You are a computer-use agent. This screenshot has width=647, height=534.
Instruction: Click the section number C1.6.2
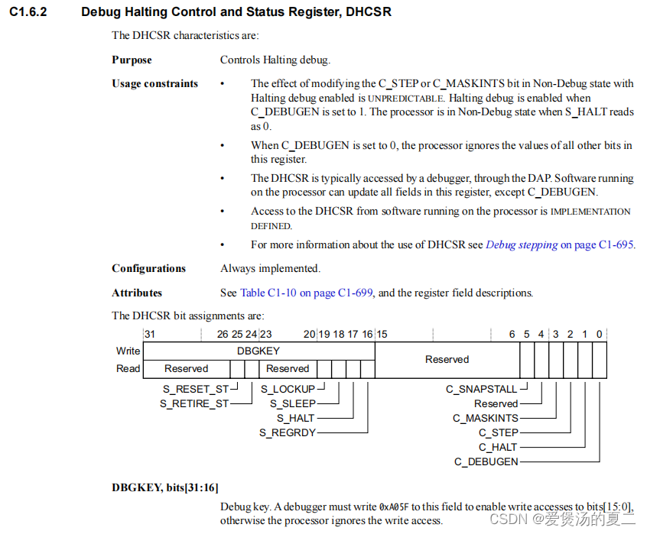28,12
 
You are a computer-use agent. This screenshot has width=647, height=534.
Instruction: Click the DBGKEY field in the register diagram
258,351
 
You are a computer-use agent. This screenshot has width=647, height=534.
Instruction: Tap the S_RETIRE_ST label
194,403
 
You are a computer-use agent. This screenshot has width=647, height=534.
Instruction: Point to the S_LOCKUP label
288,389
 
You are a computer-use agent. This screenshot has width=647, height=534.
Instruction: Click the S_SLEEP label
288,403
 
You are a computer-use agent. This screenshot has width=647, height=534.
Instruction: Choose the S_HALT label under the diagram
295,418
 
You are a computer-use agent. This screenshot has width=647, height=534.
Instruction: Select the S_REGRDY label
287,433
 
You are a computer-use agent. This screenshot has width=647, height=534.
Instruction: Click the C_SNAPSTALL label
482,389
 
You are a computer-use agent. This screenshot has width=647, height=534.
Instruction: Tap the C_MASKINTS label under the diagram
486,418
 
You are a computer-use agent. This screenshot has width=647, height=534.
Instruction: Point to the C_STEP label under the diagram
498,432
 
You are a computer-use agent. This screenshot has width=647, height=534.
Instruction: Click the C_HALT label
498,447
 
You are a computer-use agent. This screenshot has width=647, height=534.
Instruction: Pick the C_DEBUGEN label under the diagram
486,461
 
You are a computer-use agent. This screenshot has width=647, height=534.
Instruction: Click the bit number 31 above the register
150,334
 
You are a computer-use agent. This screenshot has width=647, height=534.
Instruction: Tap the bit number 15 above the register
382,334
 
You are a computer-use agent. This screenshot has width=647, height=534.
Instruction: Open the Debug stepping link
522,245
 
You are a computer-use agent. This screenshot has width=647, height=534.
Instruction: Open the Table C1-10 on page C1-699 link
307,293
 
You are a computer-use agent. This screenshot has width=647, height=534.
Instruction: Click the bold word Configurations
148,268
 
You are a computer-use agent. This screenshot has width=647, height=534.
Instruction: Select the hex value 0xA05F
395,506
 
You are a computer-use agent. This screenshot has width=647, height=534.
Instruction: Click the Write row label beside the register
128,351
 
